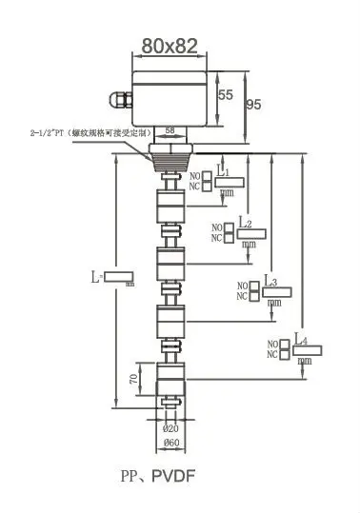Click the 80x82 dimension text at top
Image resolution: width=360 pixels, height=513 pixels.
(x=170, y=45)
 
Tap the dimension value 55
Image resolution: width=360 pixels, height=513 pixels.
(x=226, y=95)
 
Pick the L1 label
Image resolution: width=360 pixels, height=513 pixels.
(x=223, y=172)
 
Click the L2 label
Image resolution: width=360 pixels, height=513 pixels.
(x=245, y=224)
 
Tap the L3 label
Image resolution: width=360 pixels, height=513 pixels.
(x=271, y=283)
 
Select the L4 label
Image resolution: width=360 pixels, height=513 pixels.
(x=301, y=339)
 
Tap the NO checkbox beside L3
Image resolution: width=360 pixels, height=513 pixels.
(x=253, y=285)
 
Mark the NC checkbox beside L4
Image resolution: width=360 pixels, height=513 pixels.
(x=285, y=354)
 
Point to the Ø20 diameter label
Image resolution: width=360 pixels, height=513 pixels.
(x=171, y=429)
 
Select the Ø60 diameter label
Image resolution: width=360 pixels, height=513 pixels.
(x=171, y=443)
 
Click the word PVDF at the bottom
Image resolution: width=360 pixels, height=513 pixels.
(x=178, y=473)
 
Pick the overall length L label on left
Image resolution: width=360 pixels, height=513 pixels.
(x=96, y=277)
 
